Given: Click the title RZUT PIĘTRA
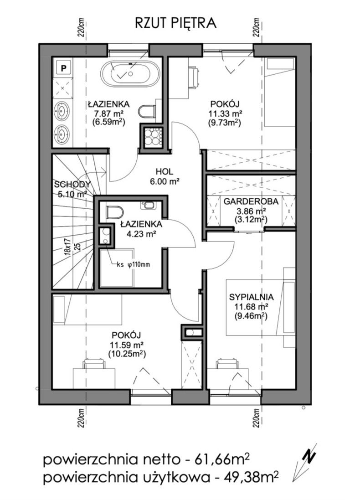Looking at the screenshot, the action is [x=176, y=23].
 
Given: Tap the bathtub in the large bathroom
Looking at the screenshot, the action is [x=130, y=74].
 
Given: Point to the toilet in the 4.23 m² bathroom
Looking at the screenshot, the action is [x=115, y=212].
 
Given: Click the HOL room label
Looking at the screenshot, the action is [x=165, y=171].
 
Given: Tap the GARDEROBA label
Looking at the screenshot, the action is [x=251, y=201].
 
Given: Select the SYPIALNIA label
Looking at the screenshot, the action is [x=251, y=297].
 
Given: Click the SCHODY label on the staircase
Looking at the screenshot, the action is [x=72, y=184].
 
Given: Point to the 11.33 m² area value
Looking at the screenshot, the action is [x=225, y=113].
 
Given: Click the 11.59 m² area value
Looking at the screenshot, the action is [x=126, y=345].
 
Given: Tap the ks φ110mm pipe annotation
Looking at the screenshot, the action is [x=133, y=264].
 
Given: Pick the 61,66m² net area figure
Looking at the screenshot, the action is [x=217, y=460].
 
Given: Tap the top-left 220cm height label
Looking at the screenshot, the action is [x=82, y=27].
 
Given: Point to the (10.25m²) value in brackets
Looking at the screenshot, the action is [x=127, y=353].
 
